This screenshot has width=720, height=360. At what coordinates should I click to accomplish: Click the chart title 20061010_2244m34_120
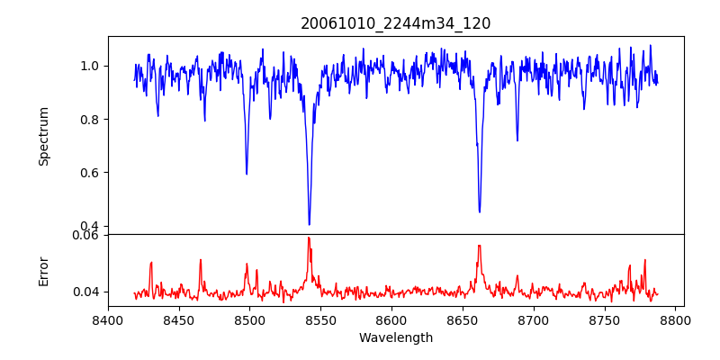395,23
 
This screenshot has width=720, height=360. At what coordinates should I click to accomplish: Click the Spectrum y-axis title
44,136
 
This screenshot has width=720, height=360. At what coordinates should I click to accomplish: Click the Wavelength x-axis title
395,338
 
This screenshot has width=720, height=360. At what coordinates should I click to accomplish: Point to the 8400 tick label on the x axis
108,319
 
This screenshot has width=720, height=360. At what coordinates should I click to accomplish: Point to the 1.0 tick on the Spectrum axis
89,66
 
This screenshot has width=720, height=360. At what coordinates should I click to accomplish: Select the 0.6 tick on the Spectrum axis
89,173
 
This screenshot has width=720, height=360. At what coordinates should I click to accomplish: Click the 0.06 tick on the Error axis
86,236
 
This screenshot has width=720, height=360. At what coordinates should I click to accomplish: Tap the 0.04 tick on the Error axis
86,292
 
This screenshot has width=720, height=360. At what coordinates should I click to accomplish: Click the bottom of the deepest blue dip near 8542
309,224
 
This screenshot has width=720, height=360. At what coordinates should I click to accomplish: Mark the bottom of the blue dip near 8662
479,211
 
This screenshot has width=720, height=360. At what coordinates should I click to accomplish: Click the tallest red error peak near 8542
308,238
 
